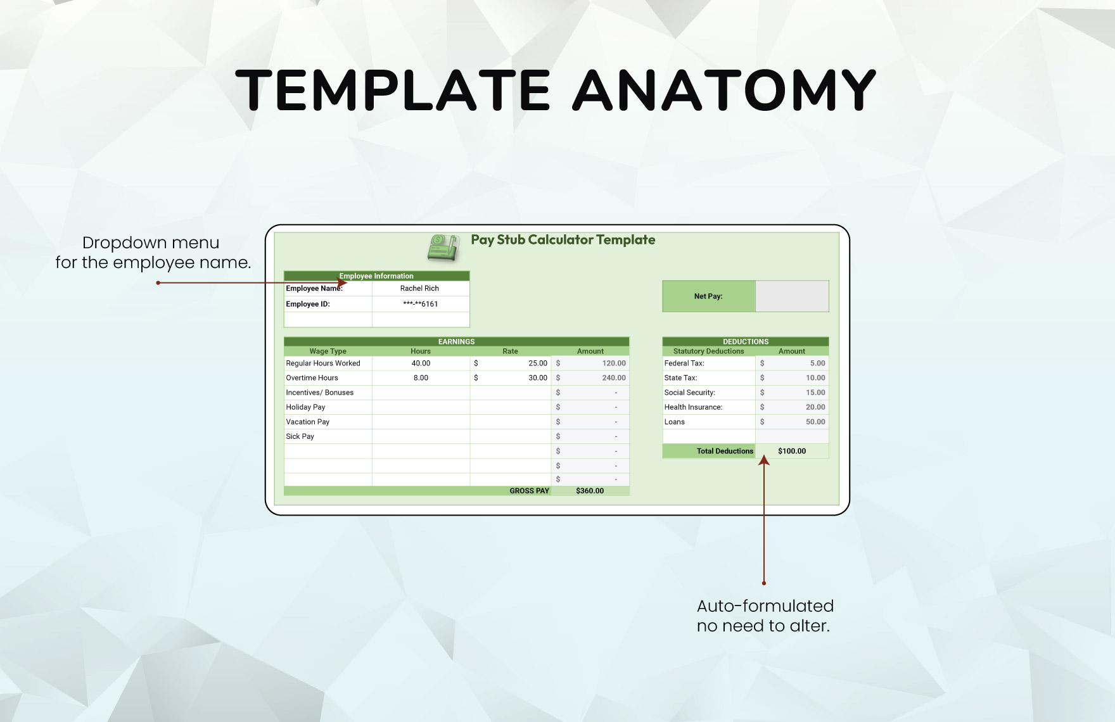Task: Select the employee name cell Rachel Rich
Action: [419, 288]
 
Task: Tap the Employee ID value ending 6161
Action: [420, 304]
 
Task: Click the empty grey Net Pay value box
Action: [792, 296]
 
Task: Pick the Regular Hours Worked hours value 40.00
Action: [421, 364]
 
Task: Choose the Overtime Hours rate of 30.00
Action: [538, 378]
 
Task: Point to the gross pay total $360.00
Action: [590, 491]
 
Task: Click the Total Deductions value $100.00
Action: [792, 451]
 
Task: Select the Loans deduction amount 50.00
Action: [815, 422]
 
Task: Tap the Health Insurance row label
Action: [693, 407]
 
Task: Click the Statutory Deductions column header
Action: [708, 351]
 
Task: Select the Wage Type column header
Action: [328, 351]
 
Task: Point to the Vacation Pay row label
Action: [307, 422]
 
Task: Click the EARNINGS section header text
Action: [456, 342]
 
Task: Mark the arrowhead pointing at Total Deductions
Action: [764, 460]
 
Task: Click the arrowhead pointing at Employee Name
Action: [342, 282]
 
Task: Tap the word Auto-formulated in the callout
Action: [765, 606]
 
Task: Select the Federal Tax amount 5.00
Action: [817, 364]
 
